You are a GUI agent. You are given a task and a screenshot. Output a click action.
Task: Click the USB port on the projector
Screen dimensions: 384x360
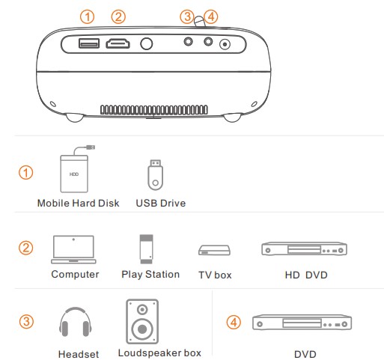89,43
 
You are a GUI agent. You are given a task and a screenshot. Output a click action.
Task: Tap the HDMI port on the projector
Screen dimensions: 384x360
118,43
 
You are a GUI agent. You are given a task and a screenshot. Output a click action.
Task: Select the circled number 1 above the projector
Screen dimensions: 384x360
87,17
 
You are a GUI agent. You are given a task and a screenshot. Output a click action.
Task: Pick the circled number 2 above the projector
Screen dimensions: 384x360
118,17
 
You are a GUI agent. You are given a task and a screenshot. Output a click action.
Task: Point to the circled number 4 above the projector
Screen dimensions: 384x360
211,17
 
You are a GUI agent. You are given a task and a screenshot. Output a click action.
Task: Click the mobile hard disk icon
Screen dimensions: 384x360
76,170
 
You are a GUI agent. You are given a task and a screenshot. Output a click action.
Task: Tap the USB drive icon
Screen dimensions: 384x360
155,175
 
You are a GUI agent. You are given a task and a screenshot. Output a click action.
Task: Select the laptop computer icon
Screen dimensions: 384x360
73,249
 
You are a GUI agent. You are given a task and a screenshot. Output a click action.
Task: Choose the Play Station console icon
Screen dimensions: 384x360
146,249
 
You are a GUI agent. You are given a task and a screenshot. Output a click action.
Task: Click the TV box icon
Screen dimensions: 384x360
214,250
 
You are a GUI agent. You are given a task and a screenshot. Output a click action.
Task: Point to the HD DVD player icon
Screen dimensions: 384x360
304,248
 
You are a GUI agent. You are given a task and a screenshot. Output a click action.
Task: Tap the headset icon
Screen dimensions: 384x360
76,322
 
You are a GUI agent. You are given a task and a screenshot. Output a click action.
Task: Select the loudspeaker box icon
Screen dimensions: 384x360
142,322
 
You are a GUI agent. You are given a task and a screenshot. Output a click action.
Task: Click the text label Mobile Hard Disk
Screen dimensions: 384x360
79,203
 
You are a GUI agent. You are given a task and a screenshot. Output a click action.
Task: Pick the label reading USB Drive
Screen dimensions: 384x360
161,203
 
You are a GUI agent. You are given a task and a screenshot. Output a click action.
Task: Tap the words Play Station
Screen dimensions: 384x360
150,275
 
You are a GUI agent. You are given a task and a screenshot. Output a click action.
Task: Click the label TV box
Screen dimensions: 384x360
215,275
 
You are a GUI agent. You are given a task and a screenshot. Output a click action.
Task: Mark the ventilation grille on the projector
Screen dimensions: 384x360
154,110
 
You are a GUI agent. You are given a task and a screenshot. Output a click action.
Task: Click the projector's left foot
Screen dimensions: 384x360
75,118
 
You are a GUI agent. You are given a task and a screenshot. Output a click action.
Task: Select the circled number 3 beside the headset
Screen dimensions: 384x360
26,322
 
